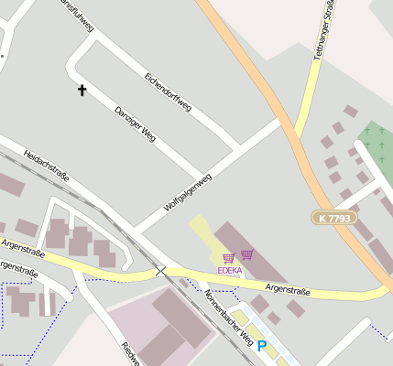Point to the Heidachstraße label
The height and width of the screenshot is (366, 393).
(47, 167)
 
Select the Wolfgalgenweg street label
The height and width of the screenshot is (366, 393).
(187, 194)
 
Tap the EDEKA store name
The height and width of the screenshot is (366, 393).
(230, 271)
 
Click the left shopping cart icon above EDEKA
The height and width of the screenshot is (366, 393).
(228, 258)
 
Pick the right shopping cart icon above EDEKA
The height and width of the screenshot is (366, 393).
(247, 254)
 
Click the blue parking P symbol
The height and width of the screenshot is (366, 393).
(261, 346)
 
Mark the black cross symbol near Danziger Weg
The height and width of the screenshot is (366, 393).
(82, 90)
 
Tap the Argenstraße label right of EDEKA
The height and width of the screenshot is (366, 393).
(288, 291)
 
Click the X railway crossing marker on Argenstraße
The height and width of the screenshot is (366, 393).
(161, 271)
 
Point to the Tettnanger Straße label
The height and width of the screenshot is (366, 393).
(321, 32)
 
